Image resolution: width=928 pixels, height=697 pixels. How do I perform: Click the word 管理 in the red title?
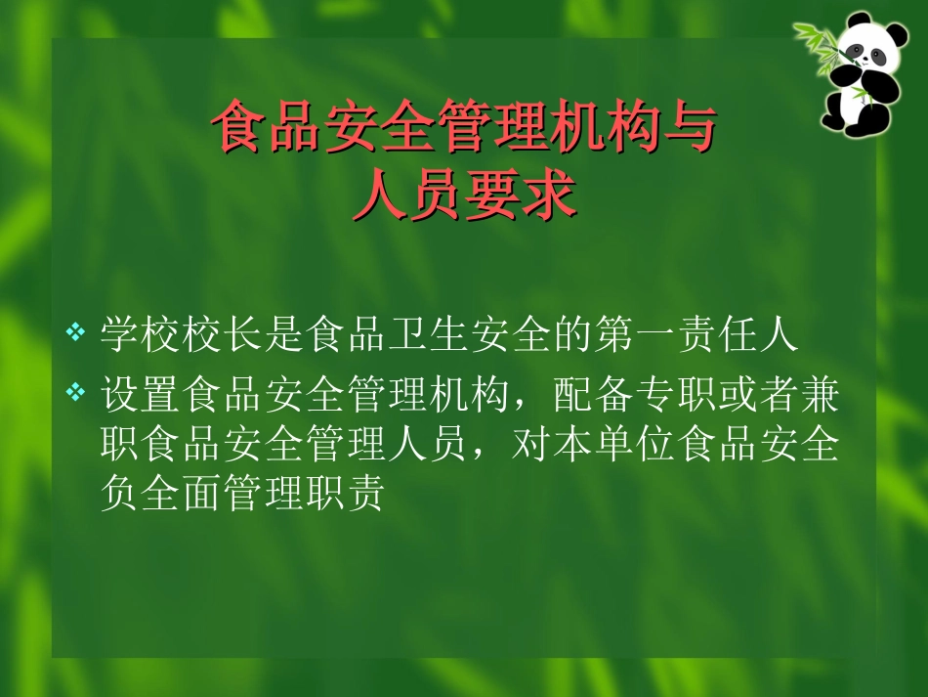pos(491,130)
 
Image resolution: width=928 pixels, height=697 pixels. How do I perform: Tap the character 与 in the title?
pos(689,130)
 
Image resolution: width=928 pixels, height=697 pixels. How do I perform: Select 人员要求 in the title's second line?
pos(464,197)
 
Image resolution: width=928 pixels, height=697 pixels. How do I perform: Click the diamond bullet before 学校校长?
pos(75,334)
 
